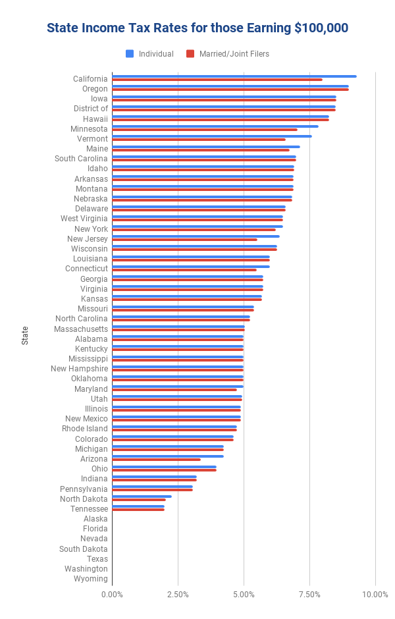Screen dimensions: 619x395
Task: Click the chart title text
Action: point(197,28)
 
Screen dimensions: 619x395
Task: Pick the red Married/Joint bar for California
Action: point(217,80)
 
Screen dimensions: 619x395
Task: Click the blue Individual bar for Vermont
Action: point(211,136)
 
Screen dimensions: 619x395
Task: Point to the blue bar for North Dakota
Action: point(142,497)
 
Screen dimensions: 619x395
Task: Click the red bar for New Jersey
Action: point(184,240)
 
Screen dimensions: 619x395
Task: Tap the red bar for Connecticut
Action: point(184,270)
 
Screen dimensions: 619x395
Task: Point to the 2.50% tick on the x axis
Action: point(178,595)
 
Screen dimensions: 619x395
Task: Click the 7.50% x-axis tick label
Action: point(309,595)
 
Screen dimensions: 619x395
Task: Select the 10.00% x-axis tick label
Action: point(375,595)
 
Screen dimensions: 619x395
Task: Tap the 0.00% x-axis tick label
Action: point(112,595)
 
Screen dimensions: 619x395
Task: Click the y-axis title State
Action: point(25,335)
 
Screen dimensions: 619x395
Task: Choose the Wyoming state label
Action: point(91,579)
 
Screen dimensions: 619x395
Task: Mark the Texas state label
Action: point(97,559)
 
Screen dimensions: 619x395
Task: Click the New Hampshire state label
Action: point(79,369)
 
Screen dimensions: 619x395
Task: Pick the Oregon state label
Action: point(95,89)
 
